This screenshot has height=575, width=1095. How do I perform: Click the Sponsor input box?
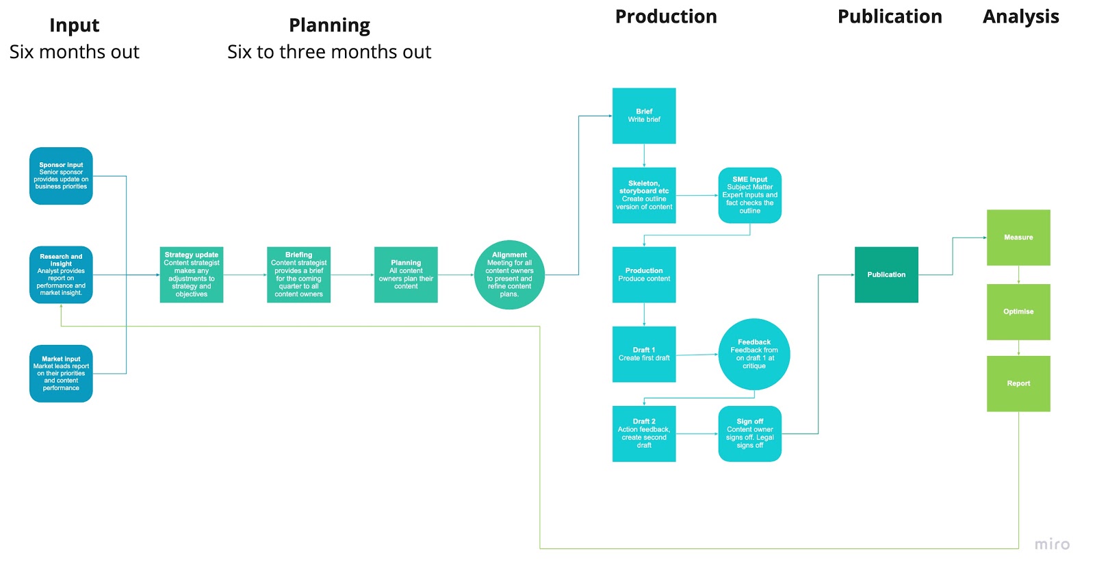pyautogui.click(x=61, y=176)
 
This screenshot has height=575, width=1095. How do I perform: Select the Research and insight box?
pyautogui.click(x=61, y=274)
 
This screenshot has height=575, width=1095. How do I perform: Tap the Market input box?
pyautogui.click(x=61, y=373)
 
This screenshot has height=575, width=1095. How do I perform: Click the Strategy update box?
pyautogui.click(x=192, y=274)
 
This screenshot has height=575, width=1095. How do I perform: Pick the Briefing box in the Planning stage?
pyautogui.click(x=298, y=274)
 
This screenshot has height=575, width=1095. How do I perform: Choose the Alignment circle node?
pyautogui.click(x=509, y=274)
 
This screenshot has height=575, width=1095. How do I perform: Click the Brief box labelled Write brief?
pyautogui.click(x=644, y=116)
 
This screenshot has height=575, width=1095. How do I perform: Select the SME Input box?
pyautogui.click(x=749, y=195)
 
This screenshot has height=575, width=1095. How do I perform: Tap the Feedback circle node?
pyautogui.click(x=754, y=354)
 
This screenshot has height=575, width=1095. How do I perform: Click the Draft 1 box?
pyautogui.click(x=644, y=354)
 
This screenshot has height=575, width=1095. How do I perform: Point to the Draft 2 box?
pyautogui.click(x=644, y=433)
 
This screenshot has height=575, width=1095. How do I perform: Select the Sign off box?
pyautogui.click(x=749, y=433)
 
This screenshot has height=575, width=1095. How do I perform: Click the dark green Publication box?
pyautogui.click(x=886, y=274)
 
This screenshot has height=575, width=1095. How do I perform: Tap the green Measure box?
pyautogui.click(x=1018, y=238)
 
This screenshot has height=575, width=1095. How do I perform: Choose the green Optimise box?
pyautogui.click(x=1018, y=311)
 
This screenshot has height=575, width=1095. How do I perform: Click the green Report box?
pyautogui.click(x=1018, y=383)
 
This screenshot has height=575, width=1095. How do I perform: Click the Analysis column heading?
pyautogui.click(x=1020, y=16)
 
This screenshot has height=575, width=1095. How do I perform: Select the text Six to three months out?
pyautogui.click(x=329, y=52)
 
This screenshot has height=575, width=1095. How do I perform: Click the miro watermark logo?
pyautogui.click(x=1052, y=544)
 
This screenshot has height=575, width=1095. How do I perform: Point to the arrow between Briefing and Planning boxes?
pyautogui.click(x=352, y=275)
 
